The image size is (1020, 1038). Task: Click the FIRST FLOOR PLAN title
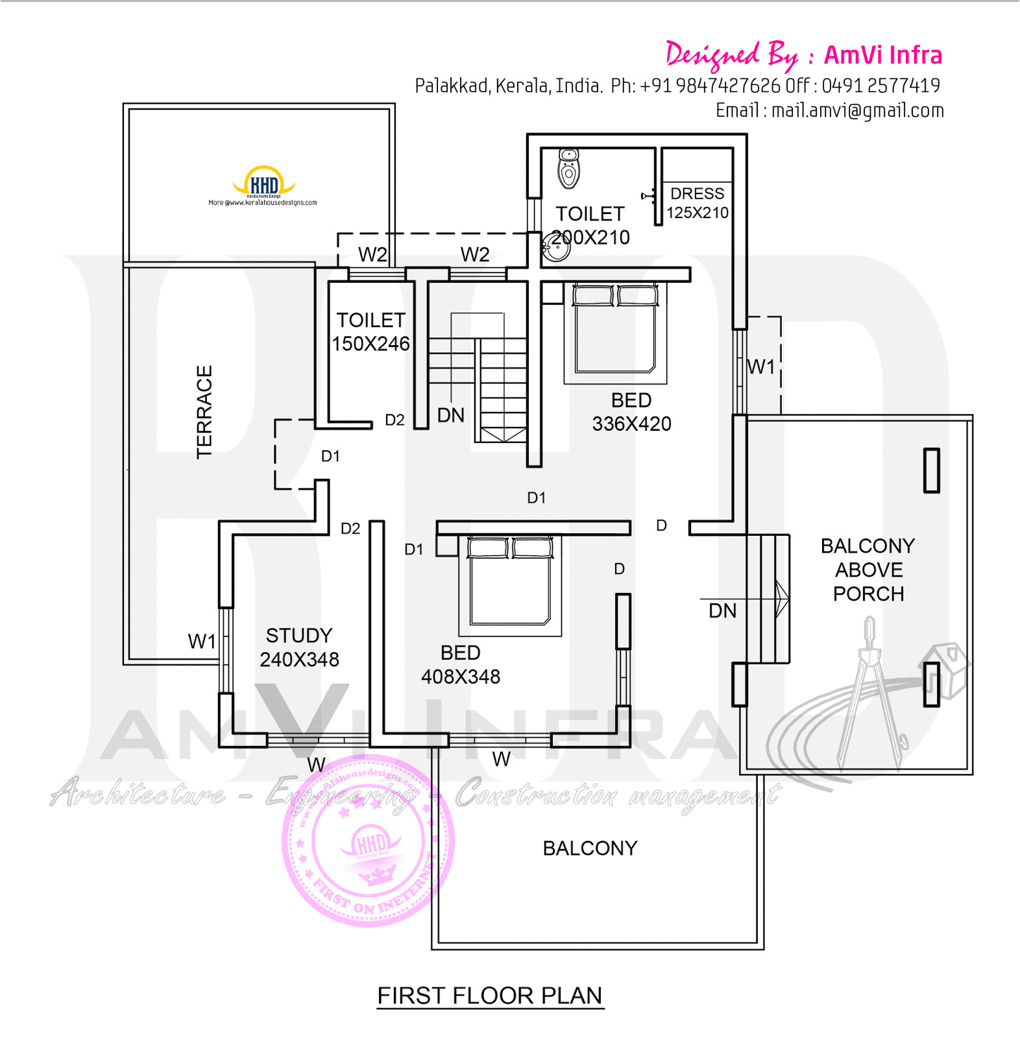(x=490, y=995)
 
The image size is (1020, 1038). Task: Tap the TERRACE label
(x=204, y=412)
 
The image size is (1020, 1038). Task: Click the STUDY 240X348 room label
(x=299, y=647)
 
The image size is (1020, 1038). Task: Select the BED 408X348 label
(x=461, y=664)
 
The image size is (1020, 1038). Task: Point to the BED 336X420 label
(x=631, y=412)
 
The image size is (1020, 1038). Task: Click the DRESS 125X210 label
(x=698, y=203)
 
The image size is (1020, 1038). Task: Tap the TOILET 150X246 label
(x=370, y=332)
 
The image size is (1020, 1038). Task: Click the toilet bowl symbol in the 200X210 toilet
(x=568, y=168)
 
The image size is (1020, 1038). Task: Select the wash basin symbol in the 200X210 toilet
(x=555, y=247)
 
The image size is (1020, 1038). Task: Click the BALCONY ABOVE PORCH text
(x=868, y=570)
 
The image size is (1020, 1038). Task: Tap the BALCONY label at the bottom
(x=590, y=848)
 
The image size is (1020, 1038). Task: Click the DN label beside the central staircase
(x=451, y=415)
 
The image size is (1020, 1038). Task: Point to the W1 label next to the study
(x=202, y=642)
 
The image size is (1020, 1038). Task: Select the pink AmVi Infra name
(x=882, y=55)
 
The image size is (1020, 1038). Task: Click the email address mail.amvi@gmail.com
(x=857, y=110)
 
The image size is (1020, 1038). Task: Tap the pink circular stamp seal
(x=369, y=841)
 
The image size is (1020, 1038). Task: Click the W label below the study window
(x=316, y=765)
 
